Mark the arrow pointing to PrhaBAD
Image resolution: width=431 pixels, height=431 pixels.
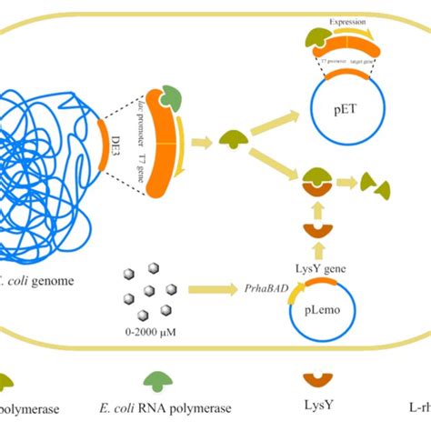pos(213,289)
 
